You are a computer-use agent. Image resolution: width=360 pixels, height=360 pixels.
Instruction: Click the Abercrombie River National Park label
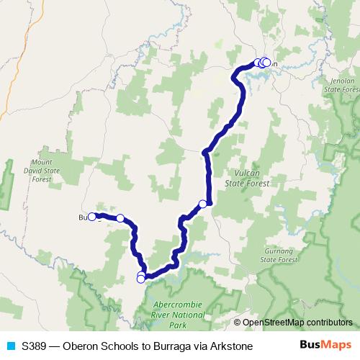click(180, 314)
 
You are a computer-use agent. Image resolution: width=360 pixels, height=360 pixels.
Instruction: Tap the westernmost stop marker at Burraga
click(92, 216)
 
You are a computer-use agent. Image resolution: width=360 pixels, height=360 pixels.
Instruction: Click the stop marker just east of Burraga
click(120, 218)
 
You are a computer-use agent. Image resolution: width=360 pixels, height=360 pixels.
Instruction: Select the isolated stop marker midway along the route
click(203, 204)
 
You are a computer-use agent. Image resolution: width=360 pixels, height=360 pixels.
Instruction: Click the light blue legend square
click(9, 346)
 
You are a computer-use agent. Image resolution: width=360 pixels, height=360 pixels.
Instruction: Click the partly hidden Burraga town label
click(83, 217)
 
